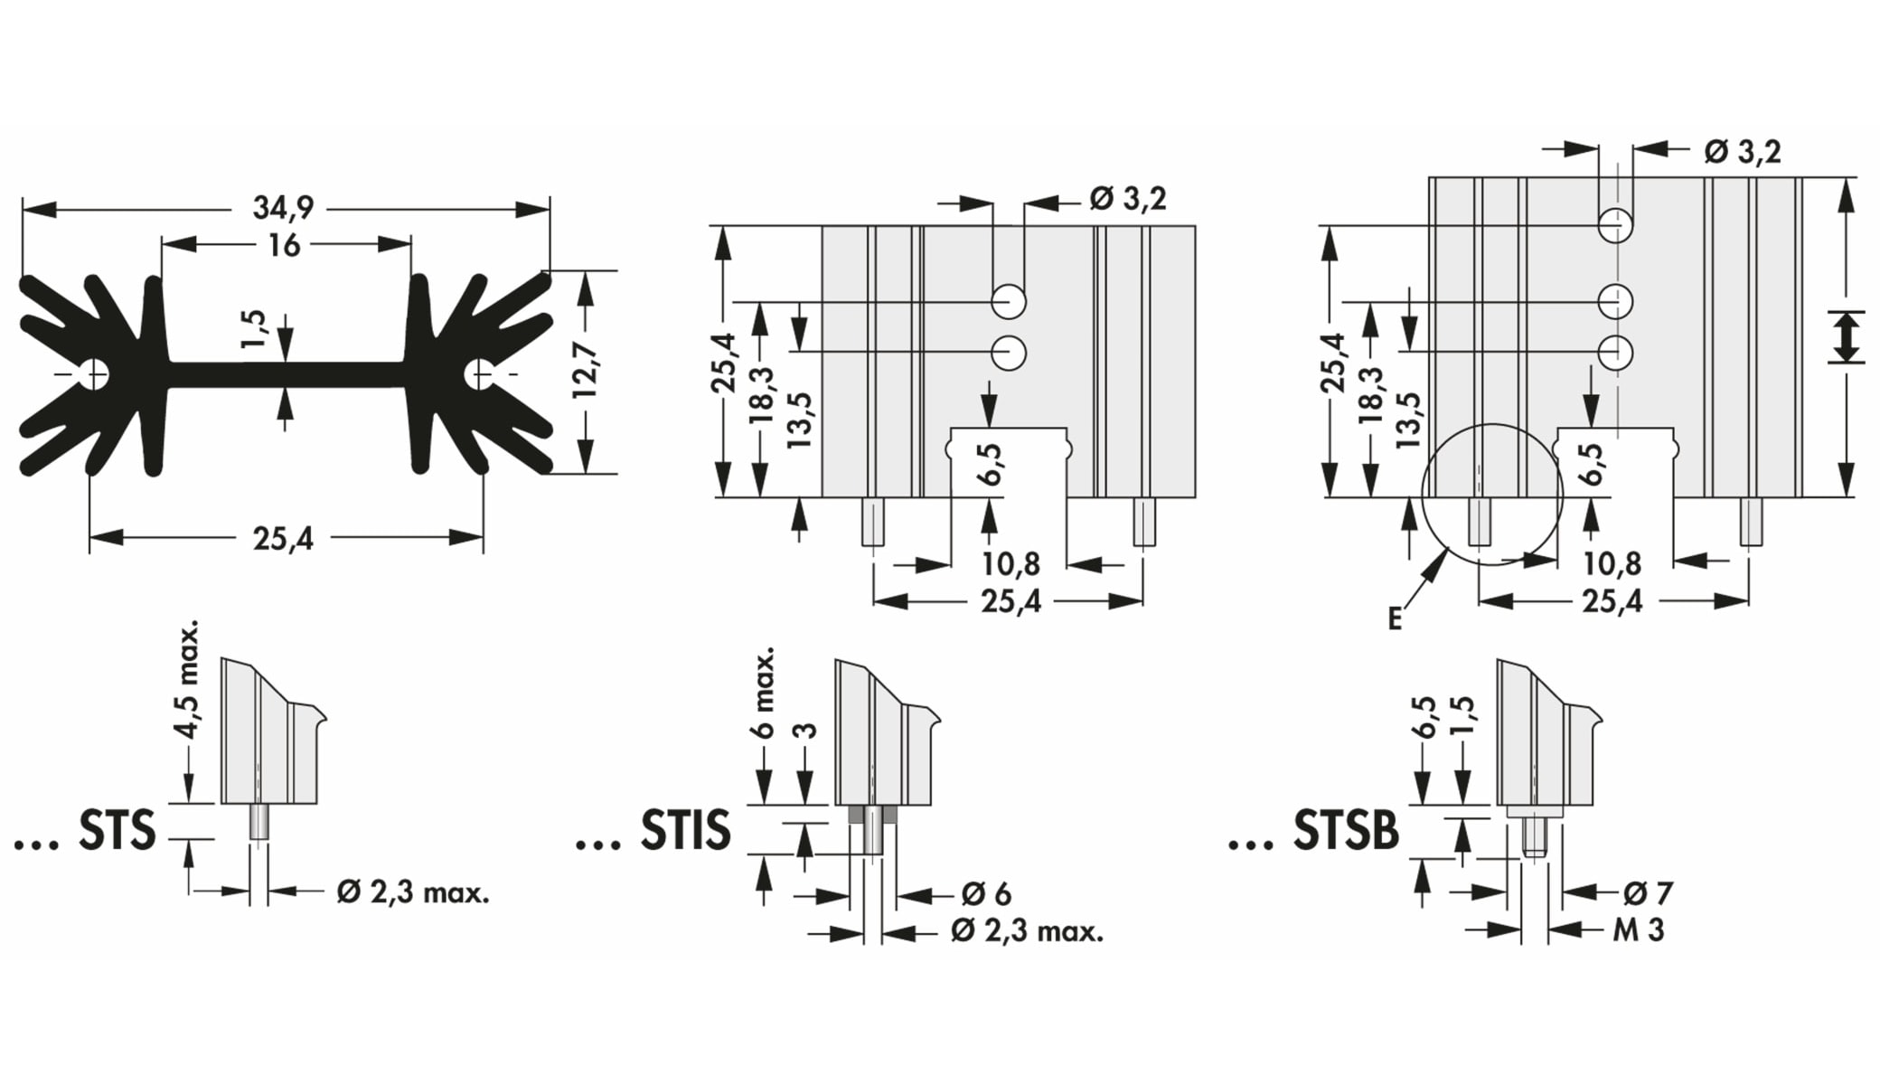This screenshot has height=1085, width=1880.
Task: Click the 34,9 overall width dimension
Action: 283,208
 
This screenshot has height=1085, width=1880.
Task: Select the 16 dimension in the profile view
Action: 284,245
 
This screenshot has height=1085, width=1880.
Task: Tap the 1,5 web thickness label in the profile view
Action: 255,329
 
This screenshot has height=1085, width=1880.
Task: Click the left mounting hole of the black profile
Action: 94,373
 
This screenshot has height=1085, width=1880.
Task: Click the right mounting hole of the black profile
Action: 479,373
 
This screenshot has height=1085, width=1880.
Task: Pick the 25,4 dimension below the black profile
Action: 283,539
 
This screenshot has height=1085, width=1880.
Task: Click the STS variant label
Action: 117,830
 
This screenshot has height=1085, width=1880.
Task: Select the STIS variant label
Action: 685,830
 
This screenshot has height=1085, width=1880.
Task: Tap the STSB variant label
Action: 1345,830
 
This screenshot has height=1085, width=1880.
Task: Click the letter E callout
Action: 1395,619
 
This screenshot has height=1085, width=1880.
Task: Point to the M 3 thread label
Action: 1638,929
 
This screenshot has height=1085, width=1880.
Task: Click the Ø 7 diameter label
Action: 1648,893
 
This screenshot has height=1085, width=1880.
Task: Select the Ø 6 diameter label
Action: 986,894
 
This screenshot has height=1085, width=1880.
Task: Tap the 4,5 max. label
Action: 187,680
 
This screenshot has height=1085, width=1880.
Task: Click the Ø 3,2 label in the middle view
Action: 1127,198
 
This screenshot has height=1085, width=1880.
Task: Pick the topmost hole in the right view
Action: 1614,225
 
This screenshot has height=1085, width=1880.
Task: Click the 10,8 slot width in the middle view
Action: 1010,564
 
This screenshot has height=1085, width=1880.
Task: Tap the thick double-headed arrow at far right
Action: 1846,337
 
